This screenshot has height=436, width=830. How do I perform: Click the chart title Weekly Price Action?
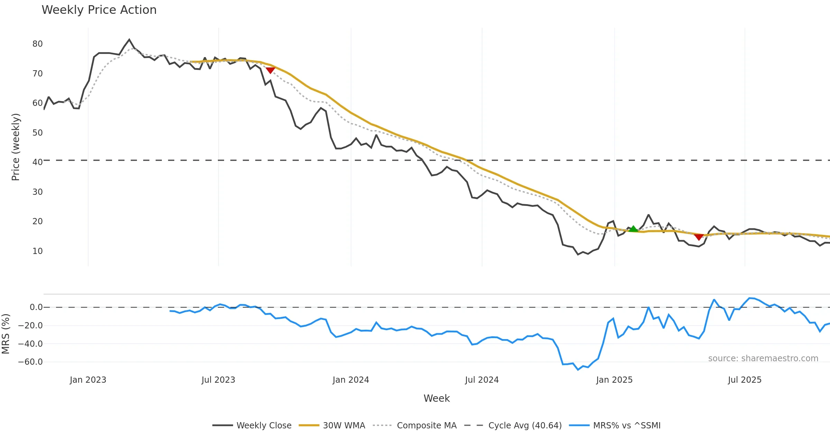tap(99, 10)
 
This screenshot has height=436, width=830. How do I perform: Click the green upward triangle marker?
tap(633, 229)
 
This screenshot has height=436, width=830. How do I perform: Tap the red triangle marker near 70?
tap(270, 70)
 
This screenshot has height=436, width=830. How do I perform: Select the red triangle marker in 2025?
tap(699, 237)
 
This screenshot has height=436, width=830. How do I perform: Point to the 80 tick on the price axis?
tap(37, 44)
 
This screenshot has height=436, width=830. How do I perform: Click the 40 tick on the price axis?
tap(37, 162)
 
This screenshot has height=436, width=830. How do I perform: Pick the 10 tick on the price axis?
tap(37, 251)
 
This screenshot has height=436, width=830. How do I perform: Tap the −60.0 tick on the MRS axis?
tap(30, 362)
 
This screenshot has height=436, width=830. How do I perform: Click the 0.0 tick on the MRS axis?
tap(36, 307)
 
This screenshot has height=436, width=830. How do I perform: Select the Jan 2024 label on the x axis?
tap(351, 380)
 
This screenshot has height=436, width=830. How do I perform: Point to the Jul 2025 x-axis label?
tap(745, 380)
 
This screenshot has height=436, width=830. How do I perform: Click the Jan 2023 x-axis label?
tap(88, 380)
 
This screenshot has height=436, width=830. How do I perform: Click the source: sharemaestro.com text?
tap(763, 358)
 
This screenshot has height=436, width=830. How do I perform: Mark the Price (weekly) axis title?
tap(16, 147)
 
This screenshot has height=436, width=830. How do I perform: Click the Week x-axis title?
tap(436, 399)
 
